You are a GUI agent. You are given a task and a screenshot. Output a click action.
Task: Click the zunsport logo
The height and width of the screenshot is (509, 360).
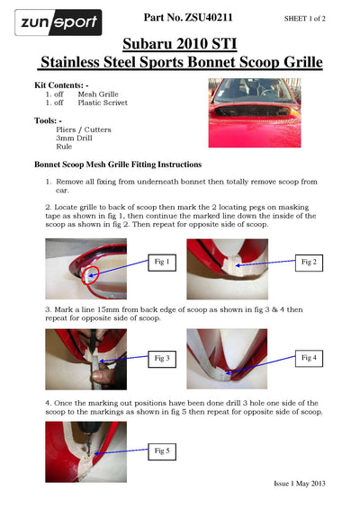pyautogui.click(x=58, y=22)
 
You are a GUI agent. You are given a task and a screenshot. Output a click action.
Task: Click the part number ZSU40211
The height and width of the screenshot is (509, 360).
pyautogui.click(x=209, y=17)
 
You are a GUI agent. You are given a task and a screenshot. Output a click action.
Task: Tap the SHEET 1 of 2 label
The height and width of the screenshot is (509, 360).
pyautogui.click(x=304, y=19)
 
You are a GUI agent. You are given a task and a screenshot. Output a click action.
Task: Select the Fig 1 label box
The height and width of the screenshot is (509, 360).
pyautogui.click(x=162, y=263)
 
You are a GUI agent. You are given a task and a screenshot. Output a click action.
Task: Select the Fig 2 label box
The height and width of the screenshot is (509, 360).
pyautogui.click(x=309, y=263)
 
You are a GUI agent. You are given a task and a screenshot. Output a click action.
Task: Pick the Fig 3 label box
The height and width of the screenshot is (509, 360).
pyautogui.click(x=162, y=359)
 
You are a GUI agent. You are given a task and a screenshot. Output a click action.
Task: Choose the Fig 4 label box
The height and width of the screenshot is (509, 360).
pyautogui.click(x=309, y=358)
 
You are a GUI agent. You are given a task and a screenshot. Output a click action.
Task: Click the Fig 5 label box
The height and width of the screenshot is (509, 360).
pyautogui.click(x=162, y=451)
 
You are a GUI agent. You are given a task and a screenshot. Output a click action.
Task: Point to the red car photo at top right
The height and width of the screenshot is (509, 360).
pyautogui.click(x=255, y=112)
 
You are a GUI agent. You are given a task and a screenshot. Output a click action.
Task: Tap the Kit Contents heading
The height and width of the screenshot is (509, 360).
pyautogui.click(x=61, y=85)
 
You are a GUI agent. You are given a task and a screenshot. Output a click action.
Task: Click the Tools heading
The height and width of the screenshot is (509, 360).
pyautogui.click(x=48, y=121)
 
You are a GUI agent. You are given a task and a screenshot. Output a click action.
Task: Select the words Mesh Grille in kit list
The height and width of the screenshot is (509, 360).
pyautogui.click(x=98, y=94)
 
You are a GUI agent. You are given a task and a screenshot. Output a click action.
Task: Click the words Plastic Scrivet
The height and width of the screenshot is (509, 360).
pyautogui.click(x=103, y=103)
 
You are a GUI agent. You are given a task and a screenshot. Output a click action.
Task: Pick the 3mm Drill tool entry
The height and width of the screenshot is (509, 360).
pyautogui.click(x=74, y=138)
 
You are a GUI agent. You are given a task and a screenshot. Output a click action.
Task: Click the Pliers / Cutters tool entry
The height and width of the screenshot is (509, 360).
pyautogui.click(x=84, y=129)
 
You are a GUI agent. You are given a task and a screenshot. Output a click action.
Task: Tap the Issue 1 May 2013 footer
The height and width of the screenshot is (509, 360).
pyautogui.click(x=299, y=484)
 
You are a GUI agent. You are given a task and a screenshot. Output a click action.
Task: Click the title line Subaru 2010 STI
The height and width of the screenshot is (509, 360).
pyautogui.click(x=180, y=44)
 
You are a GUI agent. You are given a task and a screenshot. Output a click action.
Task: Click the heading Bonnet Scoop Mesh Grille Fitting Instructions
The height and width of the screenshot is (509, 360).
pyautogui.click(x=118, y=165)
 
